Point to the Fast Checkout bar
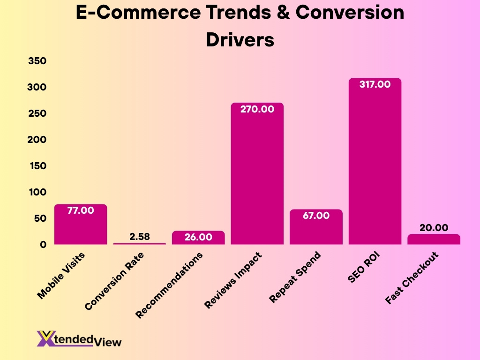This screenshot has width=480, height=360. coord(434,240)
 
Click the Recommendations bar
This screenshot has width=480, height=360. coord(198,238)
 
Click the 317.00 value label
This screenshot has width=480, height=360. coord(375,85)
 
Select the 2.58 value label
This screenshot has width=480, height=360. coord(140,236)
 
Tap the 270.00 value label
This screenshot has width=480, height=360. coord(257,109)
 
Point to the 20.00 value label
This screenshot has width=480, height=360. coord(434,227)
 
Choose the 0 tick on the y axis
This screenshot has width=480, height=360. coord(43,244)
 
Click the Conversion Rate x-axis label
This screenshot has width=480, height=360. coord(115,281)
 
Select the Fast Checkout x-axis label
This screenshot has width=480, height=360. coord(412,278)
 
